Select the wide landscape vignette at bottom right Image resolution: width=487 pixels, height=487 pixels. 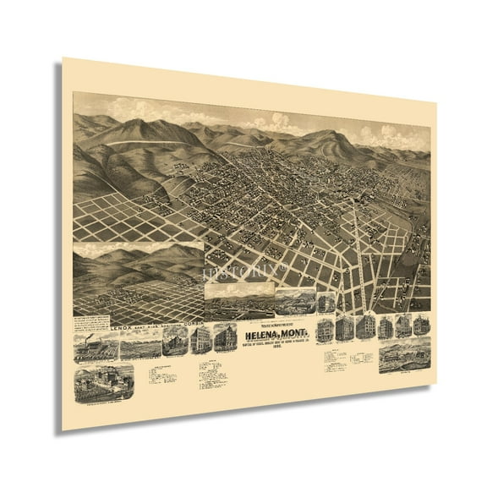point(406,358)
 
